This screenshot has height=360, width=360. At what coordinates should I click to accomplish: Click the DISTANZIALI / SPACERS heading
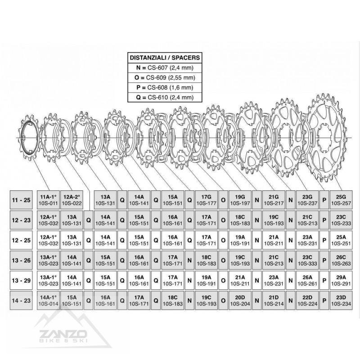(x=165, y=58)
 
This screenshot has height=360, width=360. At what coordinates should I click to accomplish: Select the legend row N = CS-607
(x=165, y=68)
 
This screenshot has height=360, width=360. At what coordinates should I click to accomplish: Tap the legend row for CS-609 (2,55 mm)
(x=165, y=77)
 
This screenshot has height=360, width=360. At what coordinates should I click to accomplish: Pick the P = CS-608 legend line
(x=165, y=87)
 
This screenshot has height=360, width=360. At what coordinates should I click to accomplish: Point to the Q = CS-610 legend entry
(x=165, y=97)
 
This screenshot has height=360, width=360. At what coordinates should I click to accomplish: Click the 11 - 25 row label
(x=21, y=200)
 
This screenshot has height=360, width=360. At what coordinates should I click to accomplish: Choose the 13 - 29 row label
(x=21, y=280)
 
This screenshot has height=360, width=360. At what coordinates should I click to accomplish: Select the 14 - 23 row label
(x=21, y=301)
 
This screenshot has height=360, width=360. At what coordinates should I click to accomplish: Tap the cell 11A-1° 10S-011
(x=48, y=200)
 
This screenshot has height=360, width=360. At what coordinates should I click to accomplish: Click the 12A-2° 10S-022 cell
(x=72, y=200)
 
